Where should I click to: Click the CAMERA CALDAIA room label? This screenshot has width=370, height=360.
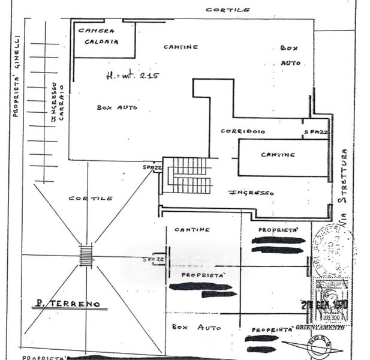[97, 35]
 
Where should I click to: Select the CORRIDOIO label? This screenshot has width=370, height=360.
[243, 131]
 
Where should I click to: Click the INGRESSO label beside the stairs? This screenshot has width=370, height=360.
[252, 193]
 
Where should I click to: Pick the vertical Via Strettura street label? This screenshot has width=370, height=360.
[344, 187]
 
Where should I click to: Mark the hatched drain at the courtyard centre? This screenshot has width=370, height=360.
[86, 255]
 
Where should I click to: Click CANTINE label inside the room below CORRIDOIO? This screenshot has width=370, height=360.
[278, 154]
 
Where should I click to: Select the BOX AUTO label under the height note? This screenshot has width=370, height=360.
[117, 107]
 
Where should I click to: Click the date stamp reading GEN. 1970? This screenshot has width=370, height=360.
[325, 305]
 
